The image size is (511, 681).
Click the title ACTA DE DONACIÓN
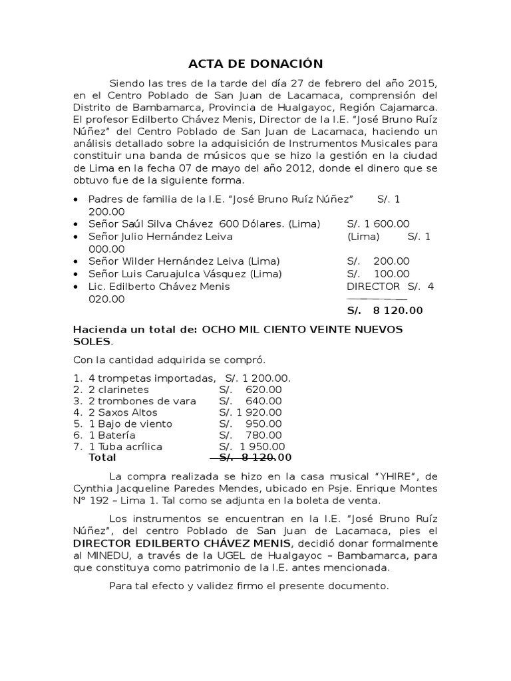pos(255,64)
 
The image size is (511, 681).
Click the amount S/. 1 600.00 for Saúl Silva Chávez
pos(378,224)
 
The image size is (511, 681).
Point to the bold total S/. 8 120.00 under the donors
pos(385,311)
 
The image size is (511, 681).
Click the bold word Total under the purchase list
pos(102,458)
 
